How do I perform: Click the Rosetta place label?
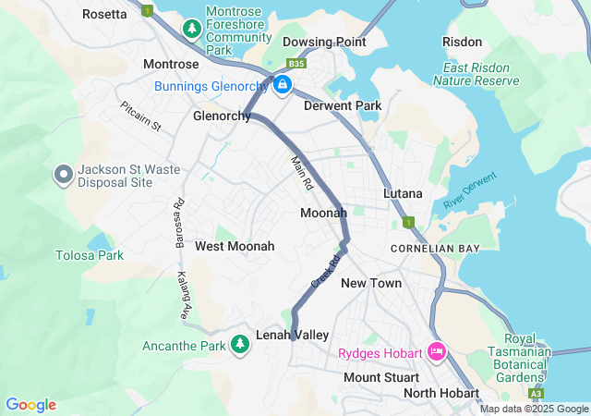point(104,14)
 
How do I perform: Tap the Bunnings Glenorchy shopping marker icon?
point(283,87)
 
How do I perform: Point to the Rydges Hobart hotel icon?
point(437,353)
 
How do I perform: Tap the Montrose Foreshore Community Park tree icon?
point(192,30)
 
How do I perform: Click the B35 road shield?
point(295,64)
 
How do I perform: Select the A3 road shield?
point(537,393)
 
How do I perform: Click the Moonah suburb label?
point(323,214)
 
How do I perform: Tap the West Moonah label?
point(235,247)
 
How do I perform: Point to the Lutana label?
point(403,194)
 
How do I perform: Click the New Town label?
point(371,283)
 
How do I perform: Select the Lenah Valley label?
point(292,335)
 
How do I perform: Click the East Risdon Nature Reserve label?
point(481,74)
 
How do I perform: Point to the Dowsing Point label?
point(324,42)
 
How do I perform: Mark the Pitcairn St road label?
point(140,116)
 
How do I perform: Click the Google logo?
point(30,405)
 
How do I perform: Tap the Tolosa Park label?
point(89,255)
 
